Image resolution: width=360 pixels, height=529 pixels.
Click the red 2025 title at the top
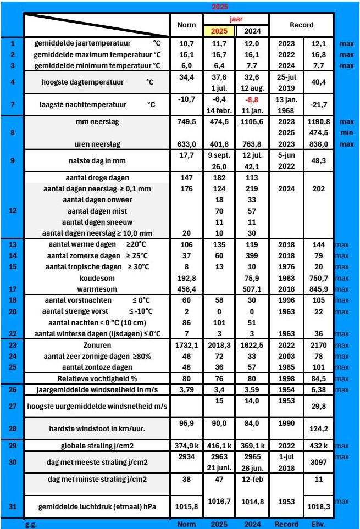[220, 7]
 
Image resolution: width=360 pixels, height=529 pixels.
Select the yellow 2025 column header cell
[220, 30]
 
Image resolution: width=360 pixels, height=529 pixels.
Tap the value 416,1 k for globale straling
[220, 444]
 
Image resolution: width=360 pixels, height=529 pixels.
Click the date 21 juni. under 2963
[220, 466]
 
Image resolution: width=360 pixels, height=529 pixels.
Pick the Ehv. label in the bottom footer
[319, 524]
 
